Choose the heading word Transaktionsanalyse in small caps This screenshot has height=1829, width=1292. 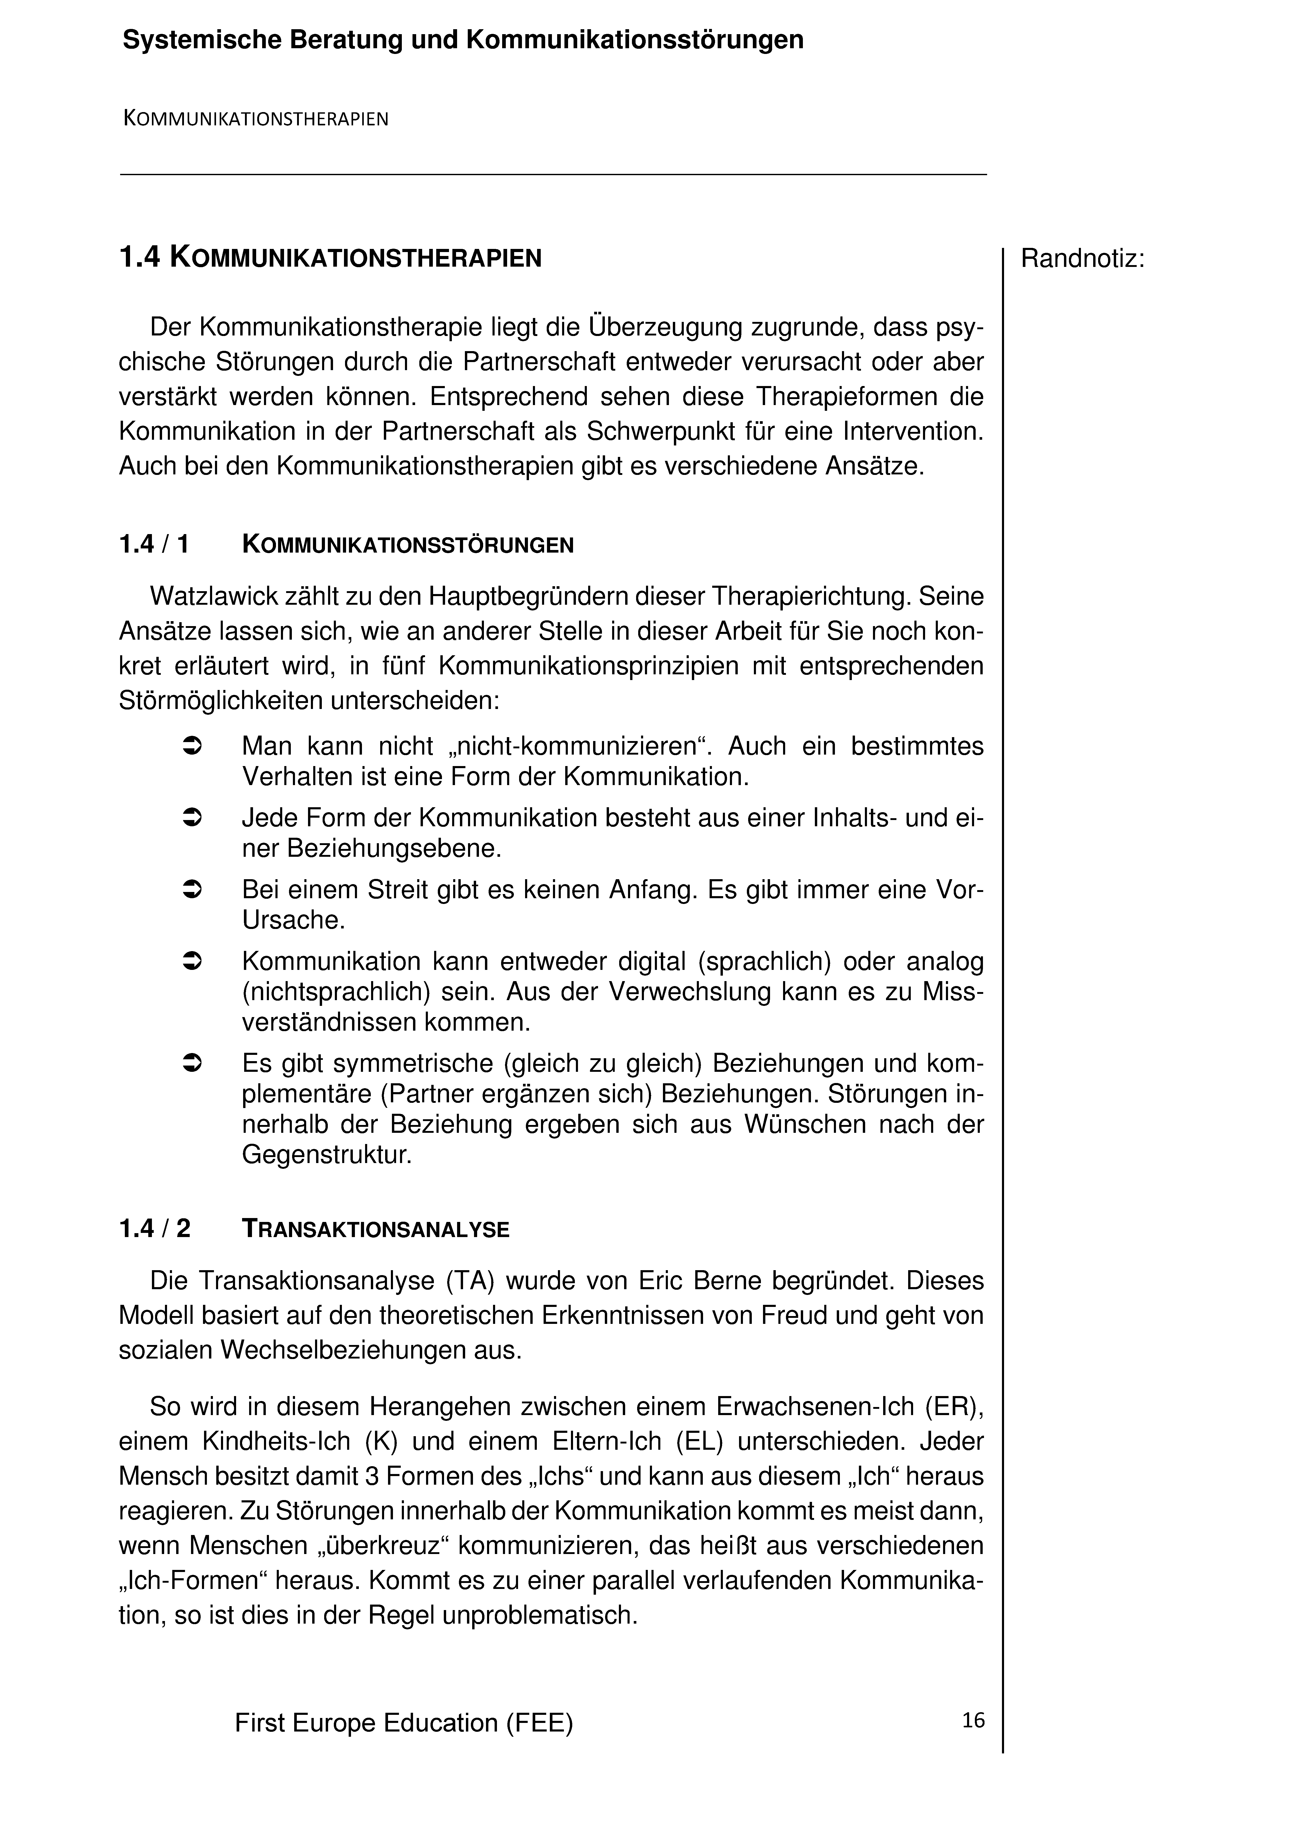[375, 1230]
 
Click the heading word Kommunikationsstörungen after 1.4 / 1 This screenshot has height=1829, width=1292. [408, 546]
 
